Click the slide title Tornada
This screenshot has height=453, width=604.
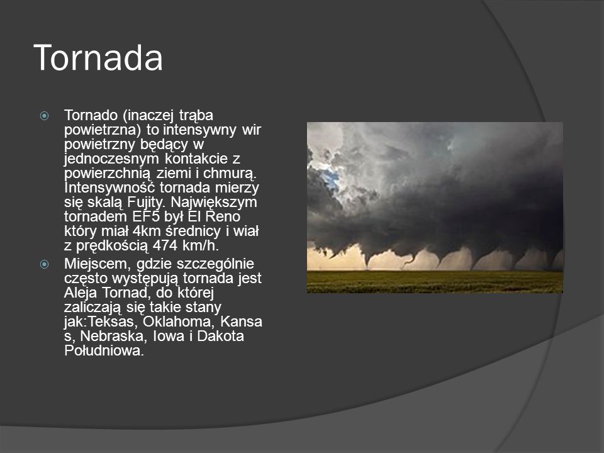(98, 58)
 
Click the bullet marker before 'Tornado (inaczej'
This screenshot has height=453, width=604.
(45, 116)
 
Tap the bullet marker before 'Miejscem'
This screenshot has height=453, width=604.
(45, 264)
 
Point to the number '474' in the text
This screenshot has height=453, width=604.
(165, 245)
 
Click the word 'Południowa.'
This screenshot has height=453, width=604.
(104, 350)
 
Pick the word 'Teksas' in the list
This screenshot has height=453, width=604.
(113, 322)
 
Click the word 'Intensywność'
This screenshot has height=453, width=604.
(109, 188)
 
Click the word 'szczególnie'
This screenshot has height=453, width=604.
(215, 264)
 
